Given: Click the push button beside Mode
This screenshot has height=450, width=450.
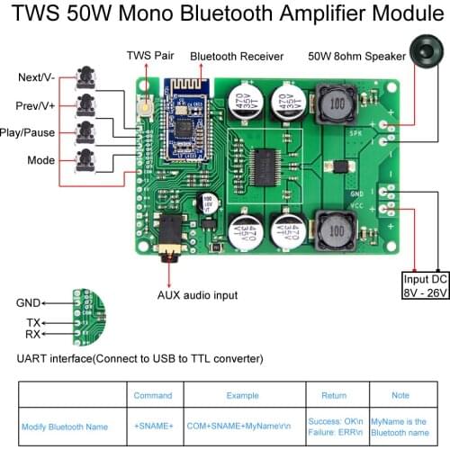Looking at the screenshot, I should pyautogui.click(x=86, y=161).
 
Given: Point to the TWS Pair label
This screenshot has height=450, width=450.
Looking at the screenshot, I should pyautogui.click(x=152, y=56).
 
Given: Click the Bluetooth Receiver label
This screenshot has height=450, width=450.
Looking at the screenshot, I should pyautogui.click(x=237, y=56).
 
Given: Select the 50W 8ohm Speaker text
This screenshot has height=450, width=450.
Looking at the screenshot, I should pyautogui.click(x=355, y=56).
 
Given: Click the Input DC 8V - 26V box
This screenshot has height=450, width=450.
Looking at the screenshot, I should pyautogui.click(x=424, y=286).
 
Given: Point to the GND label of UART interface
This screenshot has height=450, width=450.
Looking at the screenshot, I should pyautogui.click(x=28, y=303).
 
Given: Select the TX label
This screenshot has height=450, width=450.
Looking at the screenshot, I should pyautogui.click(x=33, y=323).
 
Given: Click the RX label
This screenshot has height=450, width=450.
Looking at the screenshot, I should pyautogui.click(x=33, y=336).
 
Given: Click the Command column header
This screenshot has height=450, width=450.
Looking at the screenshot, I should pyautogui.click(x=152, y=395).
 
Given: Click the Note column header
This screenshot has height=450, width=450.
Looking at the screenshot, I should pyautogui.click(x=400, y=395).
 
